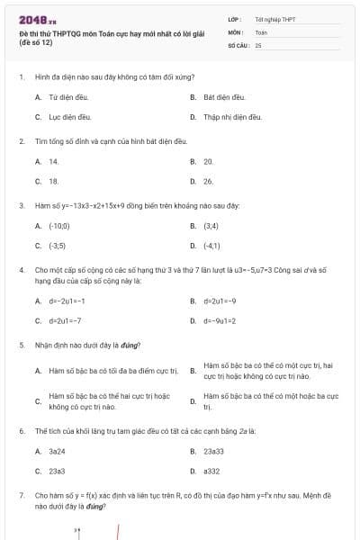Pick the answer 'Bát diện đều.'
[225, 96]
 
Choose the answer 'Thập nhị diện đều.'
[232, 117]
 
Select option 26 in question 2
[209, 181]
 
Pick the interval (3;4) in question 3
[211, 225]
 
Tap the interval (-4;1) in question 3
[212, 245]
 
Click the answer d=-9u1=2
[220, 320]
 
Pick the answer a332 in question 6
[211, 471]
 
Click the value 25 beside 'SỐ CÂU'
[258, 44]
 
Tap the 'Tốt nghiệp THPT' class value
[274, 18]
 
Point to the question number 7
[21, 495]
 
